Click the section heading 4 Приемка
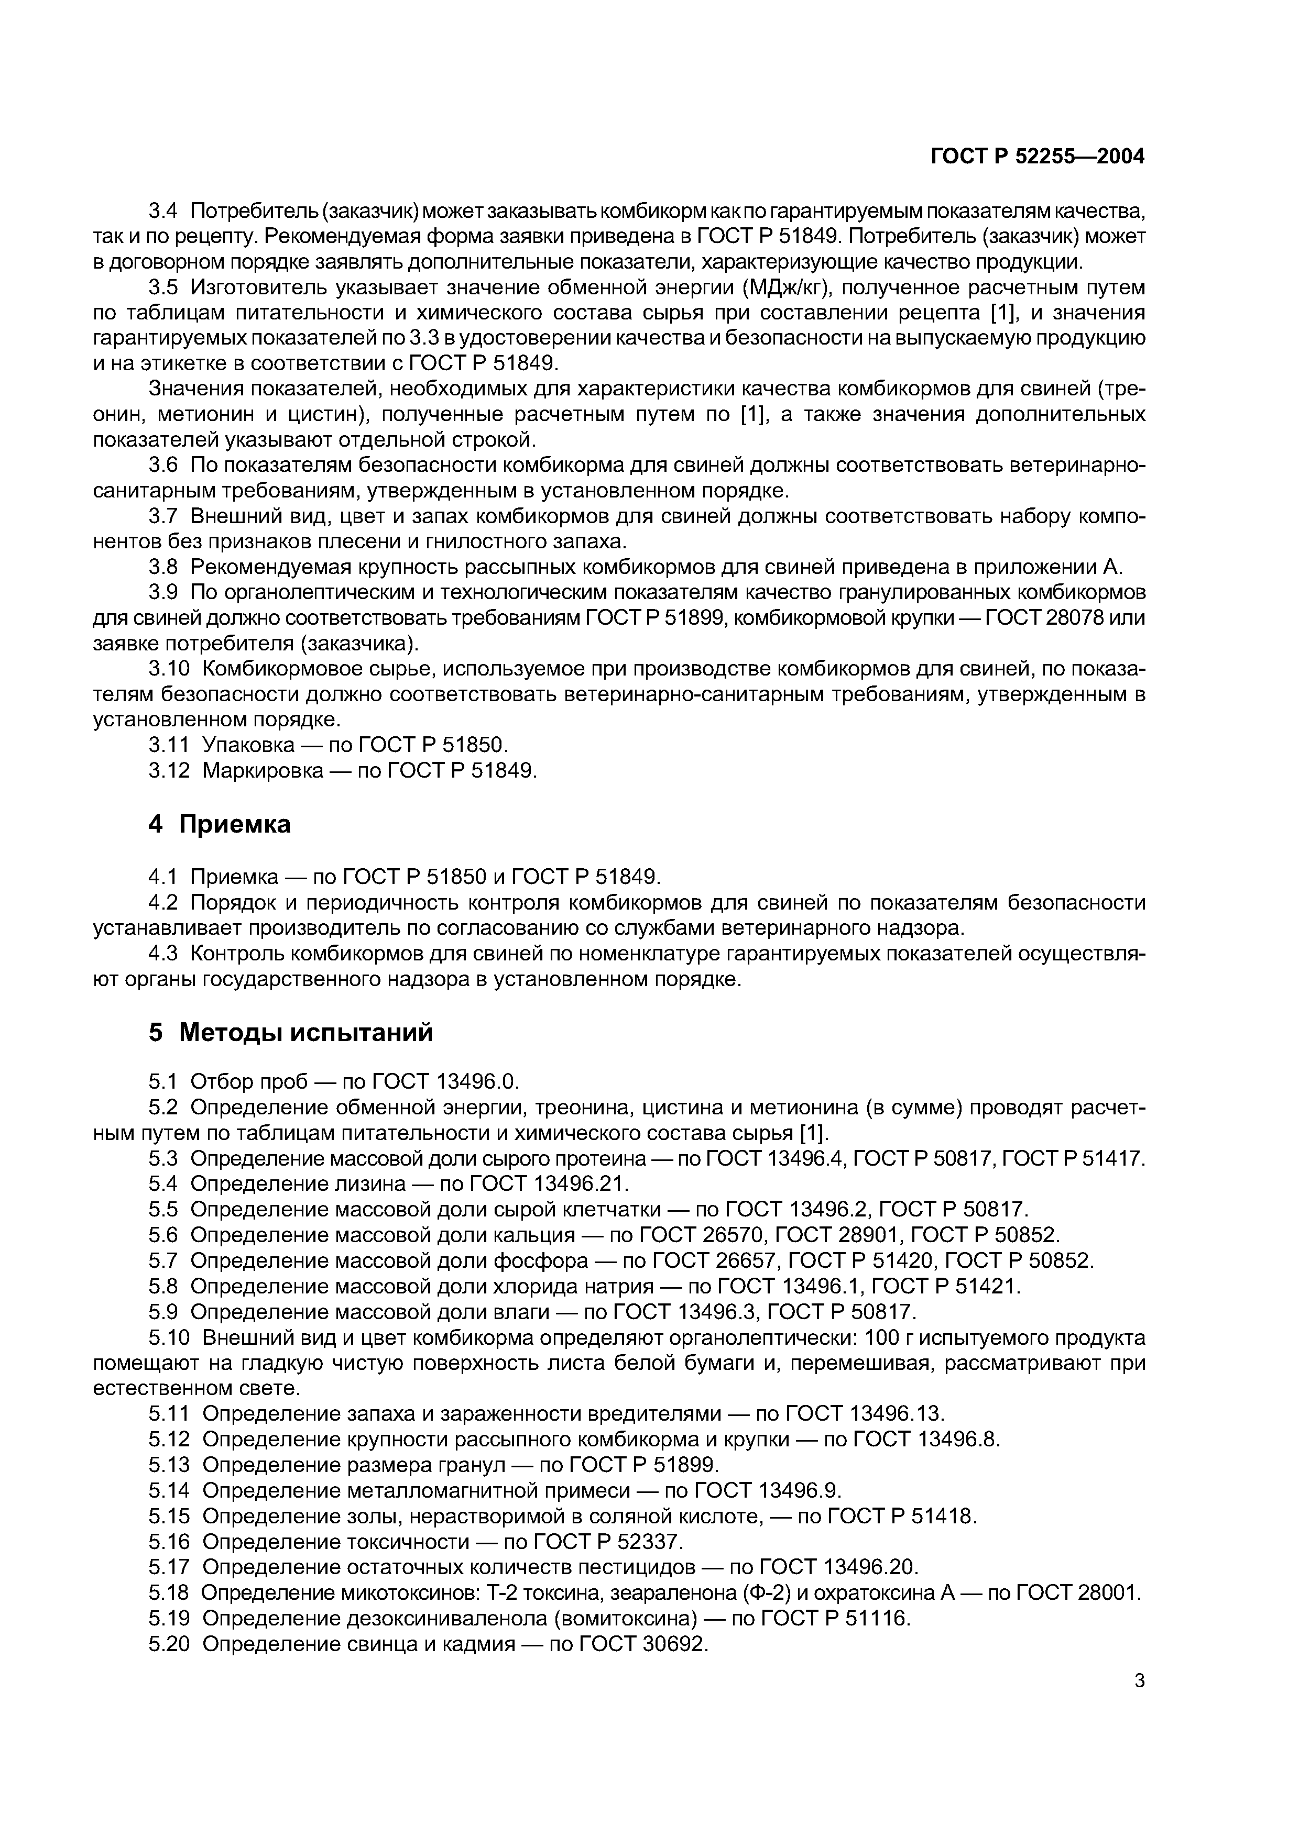pyautogui.click(x=220, y=824)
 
